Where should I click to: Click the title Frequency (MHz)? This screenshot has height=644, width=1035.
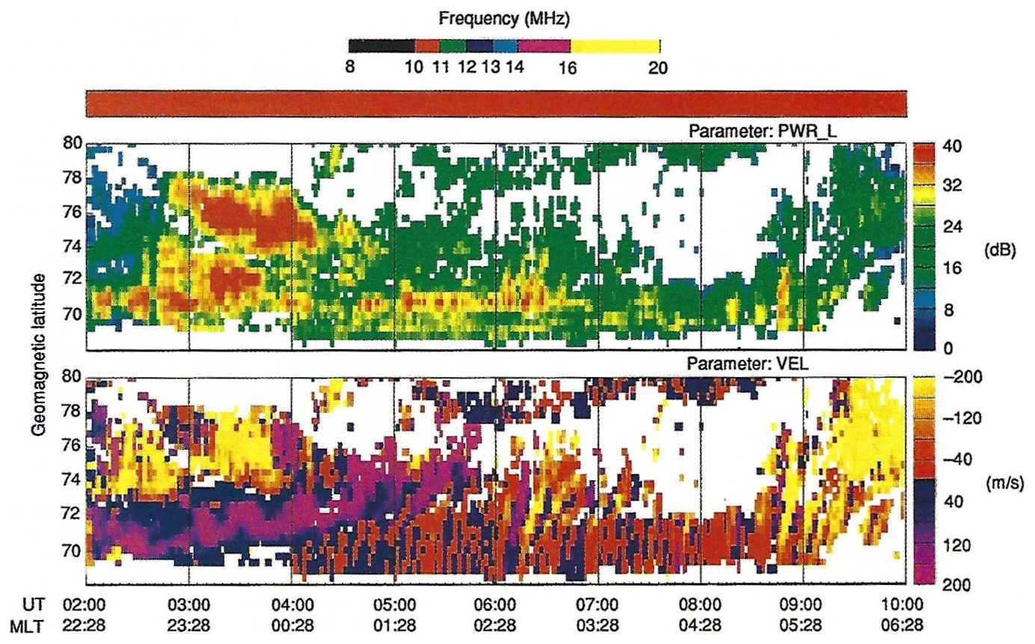(505, 16)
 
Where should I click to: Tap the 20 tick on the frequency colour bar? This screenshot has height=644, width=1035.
(657, 67)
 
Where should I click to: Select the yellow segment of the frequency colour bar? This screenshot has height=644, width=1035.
(615, 46)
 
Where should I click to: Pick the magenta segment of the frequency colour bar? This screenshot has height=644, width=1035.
(544, 46)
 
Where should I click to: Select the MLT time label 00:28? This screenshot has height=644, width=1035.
(292, 625)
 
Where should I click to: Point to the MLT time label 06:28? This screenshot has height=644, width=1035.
(904, 625)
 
